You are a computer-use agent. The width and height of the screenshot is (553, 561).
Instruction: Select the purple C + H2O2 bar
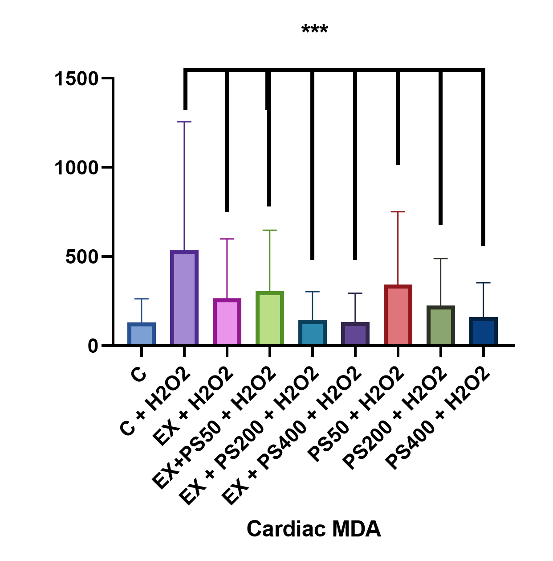[x=184, y=297]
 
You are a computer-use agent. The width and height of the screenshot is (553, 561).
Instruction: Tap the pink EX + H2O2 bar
[x=227, y=322]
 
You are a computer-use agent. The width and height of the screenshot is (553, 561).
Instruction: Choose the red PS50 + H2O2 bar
[x=398, y=315]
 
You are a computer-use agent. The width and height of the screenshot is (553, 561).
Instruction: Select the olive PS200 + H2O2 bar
[x=440, y=325]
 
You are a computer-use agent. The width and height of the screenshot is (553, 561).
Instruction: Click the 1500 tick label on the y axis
[x=76, y=79]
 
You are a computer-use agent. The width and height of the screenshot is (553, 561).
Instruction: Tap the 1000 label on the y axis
[x=76, y=168]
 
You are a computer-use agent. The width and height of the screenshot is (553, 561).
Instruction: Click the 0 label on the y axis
[x=93, y=346]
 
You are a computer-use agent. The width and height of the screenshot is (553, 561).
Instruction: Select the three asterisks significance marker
[x=315, y=30]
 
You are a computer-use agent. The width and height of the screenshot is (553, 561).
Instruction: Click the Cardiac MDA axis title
[x=314, y=529]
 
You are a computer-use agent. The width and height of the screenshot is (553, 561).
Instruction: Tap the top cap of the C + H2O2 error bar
[x=184, y=121]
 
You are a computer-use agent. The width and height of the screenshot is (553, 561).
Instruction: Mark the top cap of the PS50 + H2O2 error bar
[x=398, y=212]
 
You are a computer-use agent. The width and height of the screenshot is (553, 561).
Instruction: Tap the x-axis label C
[x=139, y=374]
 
